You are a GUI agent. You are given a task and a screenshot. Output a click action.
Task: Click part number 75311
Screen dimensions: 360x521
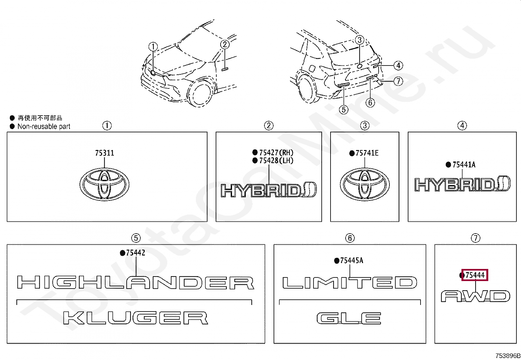pyautogui.click(x=104, y=153)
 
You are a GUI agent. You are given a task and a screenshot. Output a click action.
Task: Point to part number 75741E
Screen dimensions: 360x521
pyautogui.click(x=367, y=153)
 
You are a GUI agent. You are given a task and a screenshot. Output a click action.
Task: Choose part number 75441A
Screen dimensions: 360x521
pyautogui.click(x=464, y=165)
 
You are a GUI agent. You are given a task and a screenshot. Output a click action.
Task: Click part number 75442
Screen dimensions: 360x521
pyautogui.click(x=135, y=253)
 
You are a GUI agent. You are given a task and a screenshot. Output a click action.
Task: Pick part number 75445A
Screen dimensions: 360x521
pyautogui.click(x=351, y=261)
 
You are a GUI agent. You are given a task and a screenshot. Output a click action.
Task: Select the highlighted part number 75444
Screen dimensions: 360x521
pyautogui.click(x=475, y=275)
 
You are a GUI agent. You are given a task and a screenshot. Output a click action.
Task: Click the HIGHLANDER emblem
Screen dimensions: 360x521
pyautogui.click(x=135, y=283)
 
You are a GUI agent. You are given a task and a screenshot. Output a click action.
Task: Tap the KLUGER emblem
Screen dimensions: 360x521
pyautogui.click(x=135, y=318)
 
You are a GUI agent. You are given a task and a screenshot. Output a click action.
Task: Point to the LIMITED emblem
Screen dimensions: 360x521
pyautogui.click(x=350, y=283)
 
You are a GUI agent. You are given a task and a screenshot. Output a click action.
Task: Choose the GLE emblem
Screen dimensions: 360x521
pyautogui.click(x=349, y=318)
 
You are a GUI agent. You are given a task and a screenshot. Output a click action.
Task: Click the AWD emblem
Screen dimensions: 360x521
pyautogui.click(x=475, y=296)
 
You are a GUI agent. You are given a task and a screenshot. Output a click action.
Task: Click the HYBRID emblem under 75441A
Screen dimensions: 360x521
pyautogui.click(x=462, y=184)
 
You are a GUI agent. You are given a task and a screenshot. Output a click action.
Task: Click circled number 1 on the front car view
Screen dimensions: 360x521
pyautogui.click(x=153, y=47)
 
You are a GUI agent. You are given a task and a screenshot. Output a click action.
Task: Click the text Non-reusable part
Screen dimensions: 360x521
pyautogui.click(x=44, y=126)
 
